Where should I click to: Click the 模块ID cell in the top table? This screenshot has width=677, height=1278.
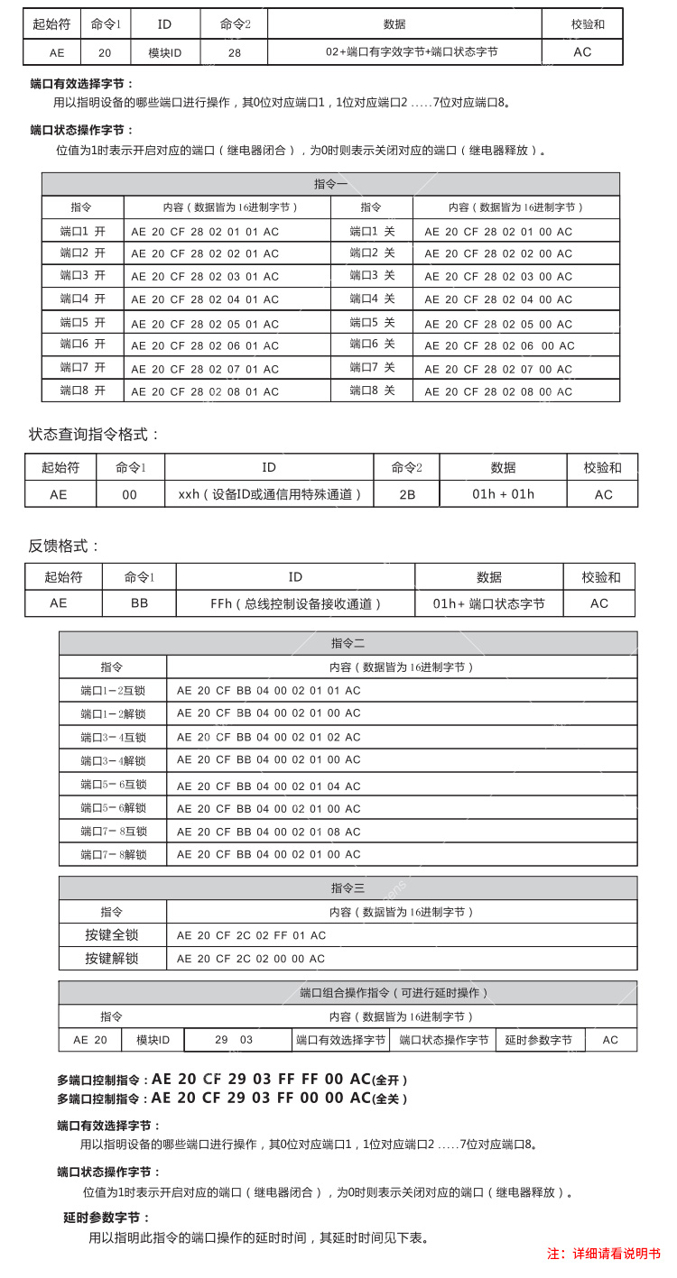(165, 52)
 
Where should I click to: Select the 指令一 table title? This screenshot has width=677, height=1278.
(330, 184)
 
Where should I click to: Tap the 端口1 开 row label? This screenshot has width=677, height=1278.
(82, 231)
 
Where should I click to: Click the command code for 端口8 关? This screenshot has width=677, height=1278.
(498, 391)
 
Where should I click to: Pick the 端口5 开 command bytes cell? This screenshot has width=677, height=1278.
(205, 323)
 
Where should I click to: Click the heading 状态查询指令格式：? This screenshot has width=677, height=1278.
(94, 435)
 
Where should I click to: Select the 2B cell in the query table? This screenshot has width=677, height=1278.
(406, 494)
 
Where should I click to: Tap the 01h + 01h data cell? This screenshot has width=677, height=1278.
(503, 494)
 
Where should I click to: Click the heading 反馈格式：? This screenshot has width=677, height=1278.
(65, 546)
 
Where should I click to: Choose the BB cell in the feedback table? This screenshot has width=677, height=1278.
(139, 603)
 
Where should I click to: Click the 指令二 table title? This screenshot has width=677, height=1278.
(348, 643)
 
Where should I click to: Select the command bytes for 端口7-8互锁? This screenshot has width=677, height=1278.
(268, 832)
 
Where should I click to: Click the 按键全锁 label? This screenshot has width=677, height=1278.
(112, 935)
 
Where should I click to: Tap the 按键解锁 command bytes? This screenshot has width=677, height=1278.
(251, 959)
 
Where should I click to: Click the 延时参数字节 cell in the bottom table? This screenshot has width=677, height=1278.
(538, 1040)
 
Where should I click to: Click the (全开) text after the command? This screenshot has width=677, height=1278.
(390, 1080)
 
